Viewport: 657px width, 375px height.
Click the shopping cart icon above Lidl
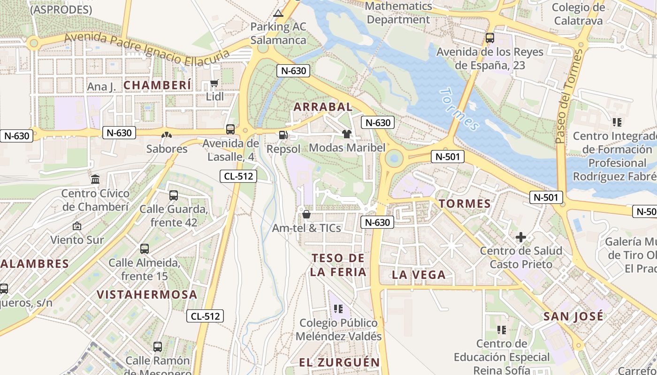(214, 83)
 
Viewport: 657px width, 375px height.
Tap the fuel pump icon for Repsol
(283, 135)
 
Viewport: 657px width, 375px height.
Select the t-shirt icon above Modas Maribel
(347, 134)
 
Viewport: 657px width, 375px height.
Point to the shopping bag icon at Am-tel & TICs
(306, 214)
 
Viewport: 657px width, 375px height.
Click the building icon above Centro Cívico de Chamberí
(95, 179)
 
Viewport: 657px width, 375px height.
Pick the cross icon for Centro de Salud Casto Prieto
(521, 237)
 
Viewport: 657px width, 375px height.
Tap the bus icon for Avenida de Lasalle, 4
(230, 129)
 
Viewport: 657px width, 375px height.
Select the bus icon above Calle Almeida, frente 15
(145, 249)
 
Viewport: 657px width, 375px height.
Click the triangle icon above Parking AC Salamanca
(278, 13)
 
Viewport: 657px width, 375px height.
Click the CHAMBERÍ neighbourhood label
(158, 85)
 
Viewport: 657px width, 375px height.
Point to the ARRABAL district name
(323, 107)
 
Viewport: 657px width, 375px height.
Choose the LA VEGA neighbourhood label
(419, 275)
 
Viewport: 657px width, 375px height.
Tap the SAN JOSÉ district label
(573, 316)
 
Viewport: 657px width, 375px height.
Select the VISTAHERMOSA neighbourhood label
(147, 295)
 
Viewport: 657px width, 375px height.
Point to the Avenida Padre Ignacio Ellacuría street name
(147, 49)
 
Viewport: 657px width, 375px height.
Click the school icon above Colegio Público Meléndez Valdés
(338, 309)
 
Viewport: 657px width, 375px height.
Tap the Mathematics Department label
(398, 13)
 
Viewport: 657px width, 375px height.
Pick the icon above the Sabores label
(167, 135)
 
